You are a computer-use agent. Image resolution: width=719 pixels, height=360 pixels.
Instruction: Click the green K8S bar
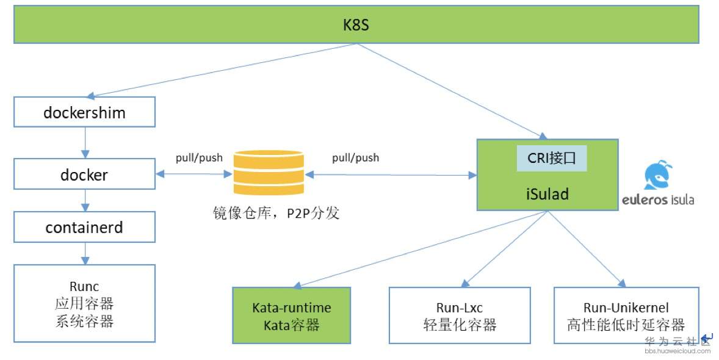pyautogui.click(x=356, y=24)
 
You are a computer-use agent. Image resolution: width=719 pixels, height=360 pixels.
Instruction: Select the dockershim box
pyautogui.click(x=84, y=112)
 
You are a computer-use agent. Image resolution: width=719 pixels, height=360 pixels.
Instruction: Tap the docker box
pyautogui.click(x=84, y=174)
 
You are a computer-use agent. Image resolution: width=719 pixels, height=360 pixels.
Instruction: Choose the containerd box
pyautogui.click(x=84, y=227)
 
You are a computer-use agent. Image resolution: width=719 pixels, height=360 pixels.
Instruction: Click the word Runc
pyautogui.click(x=84, y=287)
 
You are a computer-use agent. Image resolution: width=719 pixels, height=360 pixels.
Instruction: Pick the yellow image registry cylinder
pyautogui.click(x=269, y=173)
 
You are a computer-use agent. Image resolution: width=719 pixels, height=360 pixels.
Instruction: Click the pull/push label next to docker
pyautogui.click(x=199, y=158)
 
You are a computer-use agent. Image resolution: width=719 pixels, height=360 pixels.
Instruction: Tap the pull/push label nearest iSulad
pyautogui.click(x=356, y=158)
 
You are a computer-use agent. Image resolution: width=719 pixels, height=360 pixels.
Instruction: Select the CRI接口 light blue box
pyautogui.click(x=552, y=158)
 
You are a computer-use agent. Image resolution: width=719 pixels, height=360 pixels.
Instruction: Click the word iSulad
pyautogui.click(x=547, y=194)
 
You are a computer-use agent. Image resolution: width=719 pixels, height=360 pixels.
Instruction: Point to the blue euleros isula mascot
pyautogui.click(x=659, y=175)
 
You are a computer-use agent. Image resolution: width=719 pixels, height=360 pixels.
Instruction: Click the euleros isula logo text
pyautogui.click(x=658, y=200)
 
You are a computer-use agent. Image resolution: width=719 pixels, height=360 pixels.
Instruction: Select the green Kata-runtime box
pyautogui.click(x=292, y=315)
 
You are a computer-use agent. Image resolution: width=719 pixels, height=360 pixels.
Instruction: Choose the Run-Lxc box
pyautogui.click(x=460, y=315)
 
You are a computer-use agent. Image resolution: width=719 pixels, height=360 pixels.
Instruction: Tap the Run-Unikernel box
pyautogui.click(x=626, y=315)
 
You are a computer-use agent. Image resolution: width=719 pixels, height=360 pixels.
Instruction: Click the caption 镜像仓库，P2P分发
pyautogui.click(x=276, y=213)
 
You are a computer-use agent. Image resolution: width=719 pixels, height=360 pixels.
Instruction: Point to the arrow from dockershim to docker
pyautogui.click(x=85, y=143)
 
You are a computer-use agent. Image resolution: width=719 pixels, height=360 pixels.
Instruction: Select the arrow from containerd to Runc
pyautogui.click(x=85, y=254)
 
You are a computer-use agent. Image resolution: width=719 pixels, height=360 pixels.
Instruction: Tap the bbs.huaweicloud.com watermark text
pyautogui.click(x=677, y=351)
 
